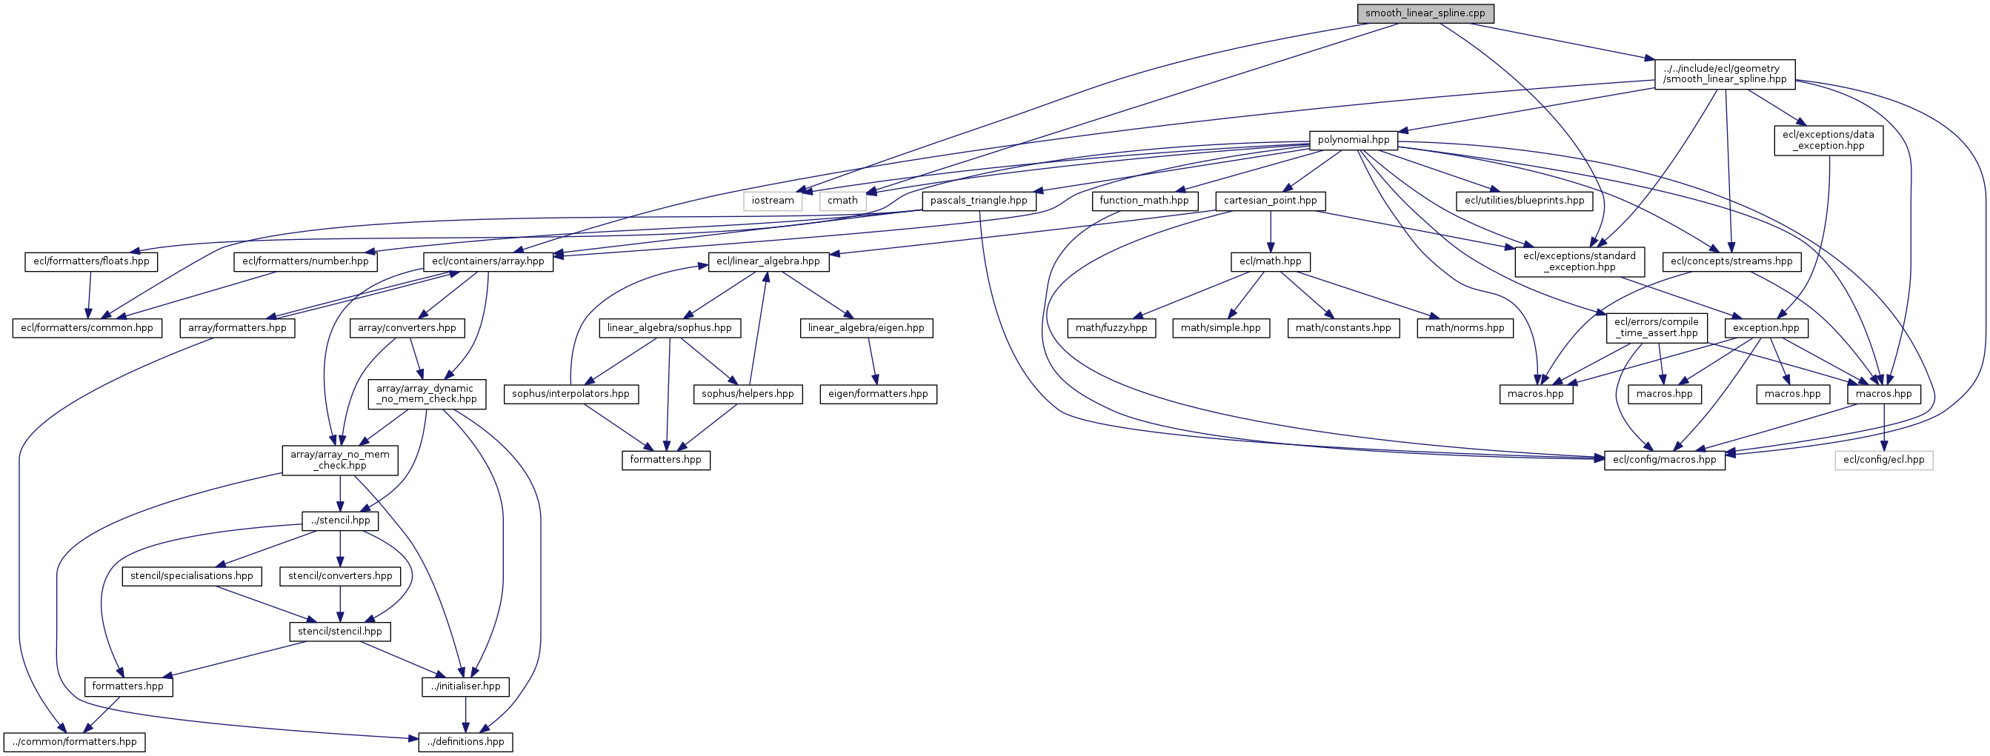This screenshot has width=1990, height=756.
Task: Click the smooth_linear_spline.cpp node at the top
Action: (x=1425, y=13)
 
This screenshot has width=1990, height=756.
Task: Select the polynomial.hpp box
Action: (x=1353, y=140)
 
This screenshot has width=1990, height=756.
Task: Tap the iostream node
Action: (x=773, y=201)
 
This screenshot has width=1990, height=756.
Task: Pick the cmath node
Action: (x=842, y=201)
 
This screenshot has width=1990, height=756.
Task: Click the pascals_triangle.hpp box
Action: (x=978, y=201)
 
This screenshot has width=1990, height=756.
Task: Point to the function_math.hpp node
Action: (x=1144, y=201)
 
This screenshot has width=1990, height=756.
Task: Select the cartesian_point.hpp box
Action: (x=1270, y=201)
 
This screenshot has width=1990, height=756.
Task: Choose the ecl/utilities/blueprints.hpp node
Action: (x=1524, y=201)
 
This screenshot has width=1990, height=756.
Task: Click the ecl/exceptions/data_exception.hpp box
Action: (x=1828, y=140)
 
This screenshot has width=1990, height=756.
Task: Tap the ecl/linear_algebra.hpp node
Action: (x=768, y=262)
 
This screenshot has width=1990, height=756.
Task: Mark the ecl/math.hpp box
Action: (x=1270, y=262)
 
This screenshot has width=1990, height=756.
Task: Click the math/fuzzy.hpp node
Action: (x=1111, y=328)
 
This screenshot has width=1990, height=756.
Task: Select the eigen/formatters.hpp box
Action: (x=878, y=394)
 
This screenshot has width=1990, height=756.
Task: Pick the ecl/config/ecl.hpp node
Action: (x=1883, y=461)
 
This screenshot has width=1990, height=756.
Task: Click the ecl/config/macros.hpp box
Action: (x=1664, y=461)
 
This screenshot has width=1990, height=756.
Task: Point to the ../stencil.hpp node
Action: (x=340, y=521)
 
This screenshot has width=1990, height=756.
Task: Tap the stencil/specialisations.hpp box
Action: (x=192, y=576)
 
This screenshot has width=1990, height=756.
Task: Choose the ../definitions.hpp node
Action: (x=465, y=742)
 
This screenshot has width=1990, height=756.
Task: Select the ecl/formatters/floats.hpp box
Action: (x=91, y=262)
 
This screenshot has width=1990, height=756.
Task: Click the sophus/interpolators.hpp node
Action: (x=570, y=394)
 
